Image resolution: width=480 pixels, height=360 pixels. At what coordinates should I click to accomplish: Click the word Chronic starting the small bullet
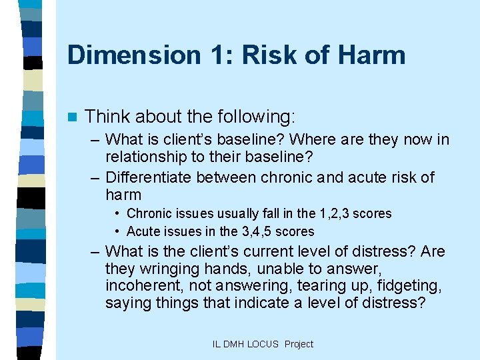149,213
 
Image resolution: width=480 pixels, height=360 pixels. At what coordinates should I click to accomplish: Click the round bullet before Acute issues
116,231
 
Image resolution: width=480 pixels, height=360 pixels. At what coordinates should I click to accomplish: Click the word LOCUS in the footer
263,344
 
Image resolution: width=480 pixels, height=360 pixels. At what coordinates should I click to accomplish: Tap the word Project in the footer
298,344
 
